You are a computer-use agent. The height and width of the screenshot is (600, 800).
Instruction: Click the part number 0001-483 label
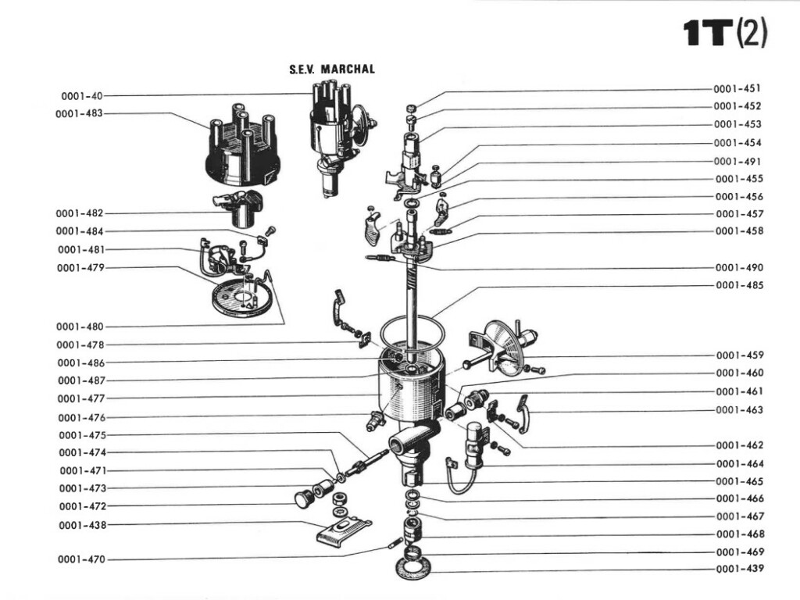point(79,114)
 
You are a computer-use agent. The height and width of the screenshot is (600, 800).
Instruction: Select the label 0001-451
point(737,88)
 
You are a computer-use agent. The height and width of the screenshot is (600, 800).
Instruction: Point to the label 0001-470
point(81,559)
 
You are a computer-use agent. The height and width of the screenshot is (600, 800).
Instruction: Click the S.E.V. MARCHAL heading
point(332,70)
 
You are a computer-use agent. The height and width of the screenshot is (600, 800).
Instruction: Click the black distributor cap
point(239,148)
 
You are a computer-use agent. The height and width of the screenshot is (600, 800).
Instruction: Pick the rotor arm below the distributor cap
point(240,207)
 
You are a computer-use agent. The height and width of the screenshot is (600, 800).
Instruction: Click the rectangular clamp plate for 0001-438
point(342,532)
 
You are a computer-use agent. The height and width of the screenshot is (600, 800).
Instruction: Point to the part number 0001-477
point(81,398)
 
